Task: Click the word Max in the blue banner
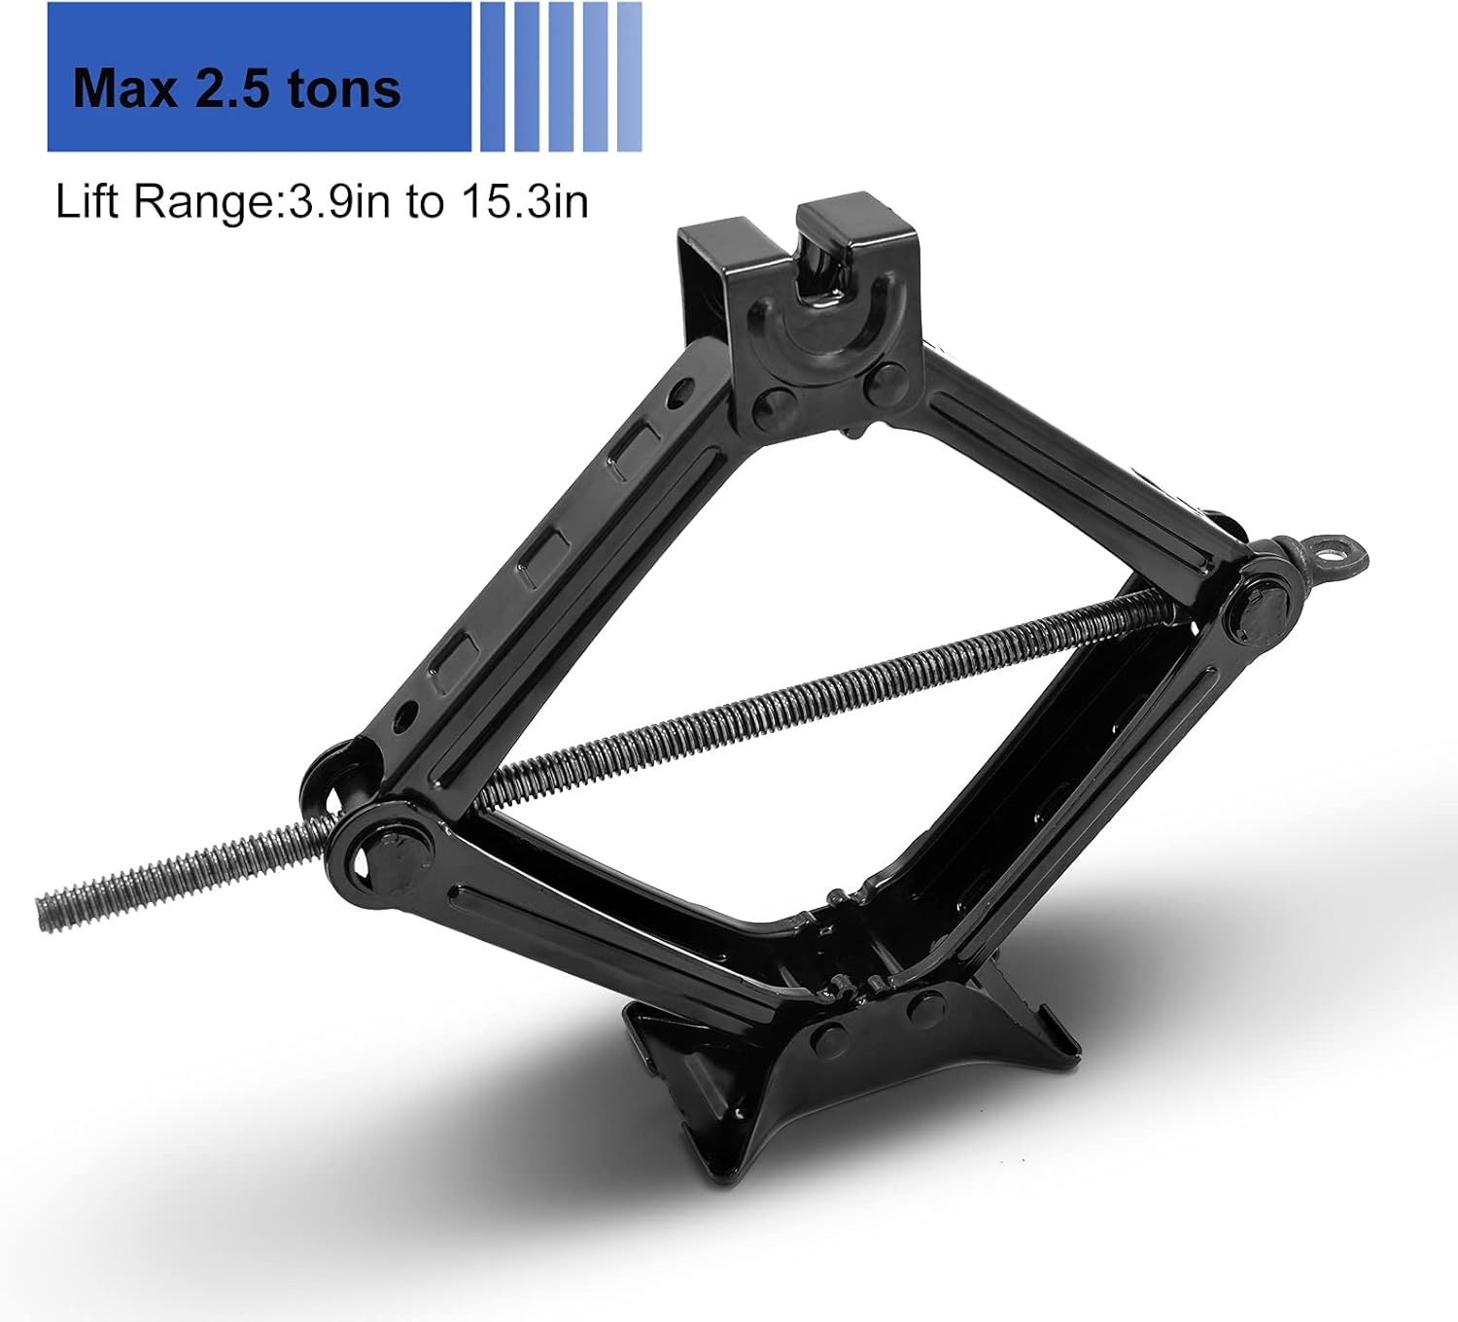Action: (125, 88)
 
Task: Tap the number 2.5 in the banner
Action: (234, 88)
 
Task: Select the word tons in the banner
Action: (344, 88)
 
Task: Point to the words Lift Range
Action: (165, 202)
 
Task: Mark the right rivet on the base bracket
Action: (925, 1009)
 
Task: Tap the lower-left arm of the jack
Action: (603, 923)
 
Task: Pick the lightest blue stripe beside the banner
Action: (630, 77)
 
